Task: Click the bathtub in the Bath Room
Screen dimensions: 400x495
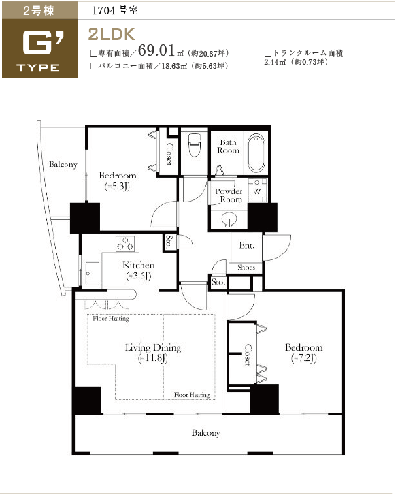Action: click(256, 153)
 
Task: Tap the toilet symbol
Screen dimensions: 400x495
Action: click(194, 144)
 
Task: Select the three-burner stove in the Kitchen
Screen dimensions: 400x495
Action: click(125, 244)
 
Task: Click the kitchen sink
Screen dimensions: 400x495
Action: click(92, 274)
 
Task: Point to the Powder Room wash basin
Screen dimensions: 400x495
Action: click(229, 219)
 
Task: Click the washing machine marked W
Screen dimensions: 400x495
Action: click(257, 191)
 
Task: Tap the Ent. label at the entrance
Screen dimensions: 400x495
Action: click(247, 245)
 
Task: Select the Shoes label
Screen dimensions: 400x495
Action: click(246, 268)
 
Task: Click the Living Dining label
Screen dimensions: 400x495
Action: click(153, 347)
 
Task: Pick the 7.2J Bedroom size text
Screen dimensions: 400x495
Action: click(304, 358)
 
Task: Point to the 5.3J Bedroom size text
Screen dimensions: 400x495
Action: click(117, 187)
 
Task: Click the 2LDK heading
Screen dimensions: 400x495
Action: click(112, 34)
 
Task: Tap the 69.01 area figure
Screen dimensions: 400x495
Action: click(156, 50)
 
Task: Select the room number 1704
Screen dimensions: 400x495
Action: click(103, 10)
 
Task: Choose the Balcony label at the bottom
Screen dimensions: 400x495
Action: click(205, 433)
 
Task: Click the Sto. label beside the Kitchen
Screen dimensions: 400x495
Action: click(169, 242)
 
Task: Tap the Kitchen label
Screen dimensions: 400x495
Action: click(138, 265)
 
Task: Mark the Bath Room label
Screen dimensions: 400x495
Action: click(228, 146)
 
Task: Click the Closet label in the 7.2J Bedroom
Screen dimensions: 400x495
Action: click(248, 355)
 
